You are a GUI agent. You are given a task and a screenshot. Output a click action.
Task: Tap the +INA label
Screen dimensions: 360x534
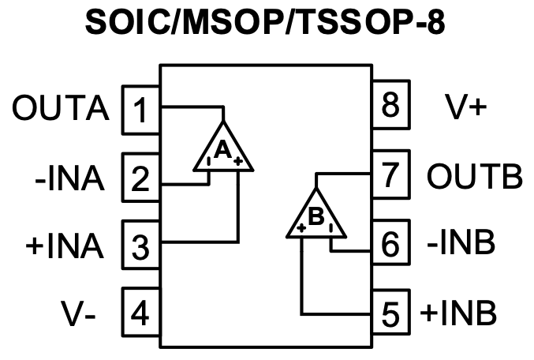(65, 246)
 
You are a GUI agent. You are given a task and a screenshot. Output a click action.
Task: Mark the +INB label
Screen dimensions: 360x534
(458, 313)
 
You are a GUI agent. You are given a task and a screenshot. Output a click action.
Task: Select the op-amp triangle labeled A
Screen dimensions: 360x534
(223, 148)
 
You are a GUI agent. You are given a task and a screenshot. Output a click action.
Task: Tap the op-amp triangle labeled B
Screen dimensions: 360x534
(316, 216)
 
